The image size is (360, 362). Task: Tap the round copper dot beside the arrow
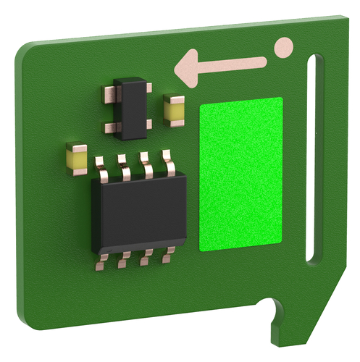tap(284, 48)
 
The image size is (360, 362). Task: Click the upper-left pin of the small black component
tap(109, 92)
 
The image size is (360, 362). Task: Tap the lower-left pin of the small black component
tap(111, 129)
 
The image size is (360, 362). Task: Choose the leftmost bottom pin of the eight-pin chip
tap(101, 262)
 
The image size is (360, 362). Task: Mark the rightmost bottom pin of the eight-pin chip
tap(169, 254)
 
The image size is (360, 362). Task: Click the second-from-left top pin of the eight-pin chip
tap(125, 166)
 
